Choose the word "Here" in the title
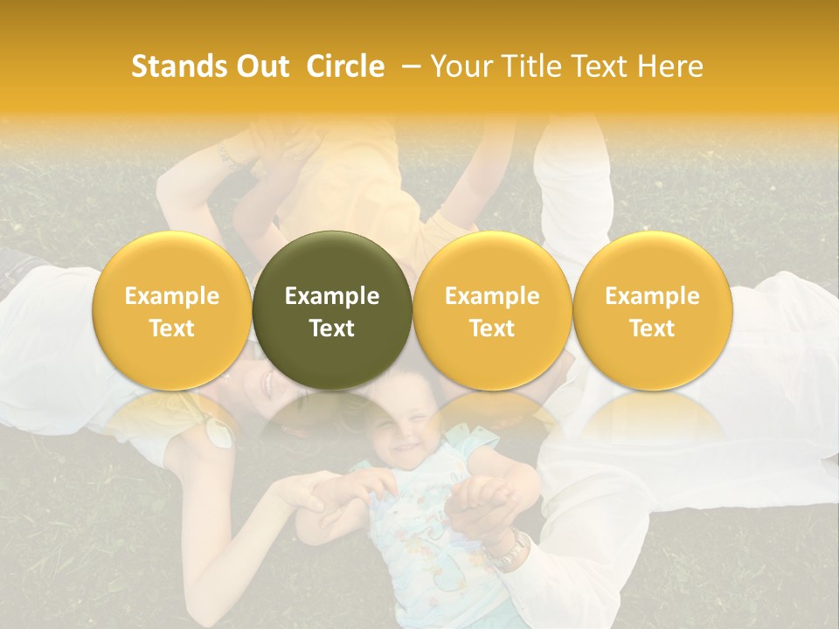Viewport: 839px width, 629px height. [x=672, y=66]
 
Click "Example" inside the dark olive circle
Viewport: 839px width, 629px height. [x=332, y=296]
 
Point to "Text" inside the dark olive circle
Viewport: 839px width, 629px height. [x=332, y=328]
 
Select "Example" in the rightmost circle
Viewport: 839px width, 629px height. [x=652, y=296]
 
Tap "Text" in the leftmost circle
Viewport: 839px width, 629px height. [x=171, y=328]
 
